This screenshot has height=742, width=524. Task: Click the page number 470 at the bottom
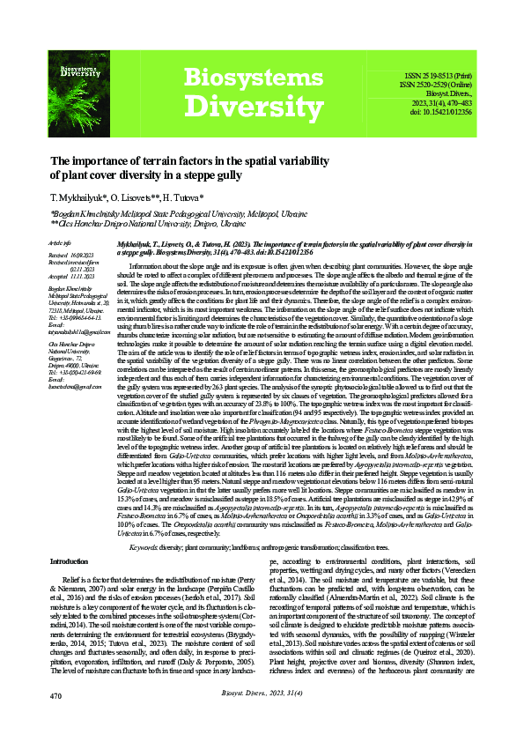(55, 720)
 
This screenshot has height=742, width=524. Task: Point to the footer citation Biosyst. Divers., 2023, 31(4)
(262, 718)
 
